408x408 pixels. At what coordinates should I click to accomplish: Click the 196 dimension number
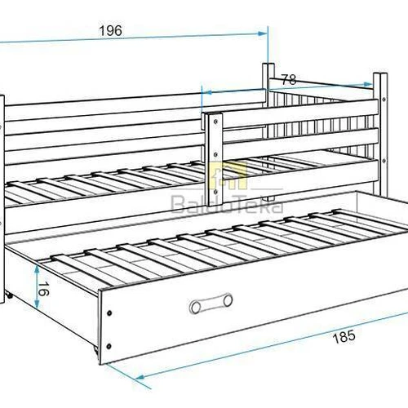111,30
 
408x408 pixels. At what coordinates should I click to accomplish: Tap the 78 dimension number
289,79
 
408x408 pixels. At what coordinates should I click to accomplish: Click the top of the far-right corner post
378,76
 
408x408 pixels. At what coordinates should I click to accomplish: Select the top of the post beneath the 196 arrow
267,64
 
